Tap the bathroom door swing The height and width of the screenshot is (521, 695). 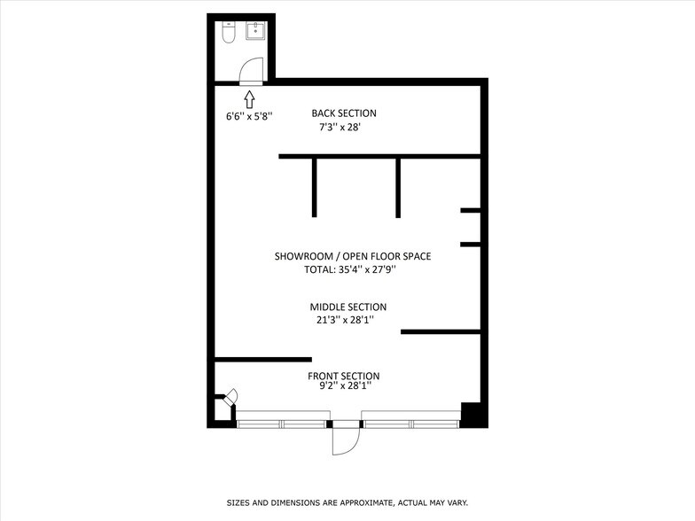[253, 69]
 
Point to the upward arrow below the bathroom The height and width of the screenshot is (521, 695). [249, 97]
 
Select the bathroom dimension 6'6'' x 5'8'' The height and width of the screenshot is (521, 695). [249, 115]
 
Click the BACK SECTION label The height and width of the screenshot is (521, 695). [344, 113]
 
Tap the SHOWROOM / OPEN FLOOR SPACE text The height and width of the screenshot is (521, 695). [353, 256]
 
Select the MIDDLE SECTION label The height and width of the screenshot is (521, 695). [347, 307]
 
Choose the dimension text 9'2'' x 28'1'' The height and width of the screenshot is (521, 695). [344, 386]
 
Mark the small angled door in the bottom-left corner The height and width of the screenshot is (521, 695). [231, 396]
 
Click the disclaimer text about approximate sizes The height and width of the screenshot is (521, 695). [347, 502]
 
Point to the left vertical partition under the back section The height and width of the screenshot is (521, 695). [314, 188]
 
